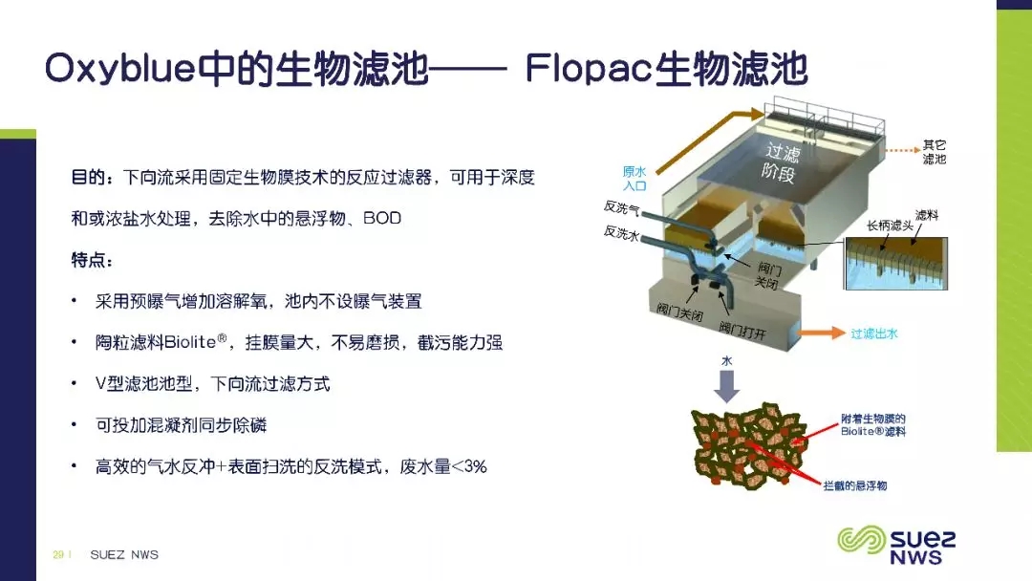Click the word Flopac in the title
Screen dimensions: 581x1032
tap(588, 70)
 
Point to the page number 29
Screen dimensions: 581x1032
tap(58, 554)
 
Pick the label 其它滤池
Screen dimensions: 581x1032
tap(934, 152)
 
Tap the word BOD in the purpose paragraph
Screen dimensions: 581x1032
tap(381, 219)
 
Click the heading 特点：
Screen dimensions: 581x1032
tap(92, 260)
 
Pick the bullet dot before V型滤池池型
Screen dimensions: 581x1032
tap(75, 384)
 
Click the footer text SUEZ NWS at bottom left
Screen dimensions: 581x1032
tap(124, 554)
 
